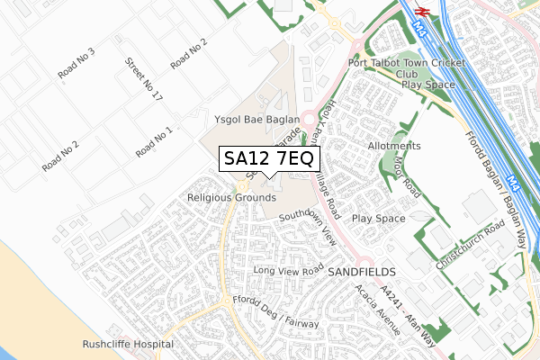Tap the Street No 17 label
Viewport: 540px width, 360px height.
tap(143, 78)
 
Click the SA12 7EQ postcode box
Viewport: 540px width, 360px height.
tap(268, 158)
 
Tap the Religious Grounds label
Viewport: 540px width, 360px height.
tap(231, 197)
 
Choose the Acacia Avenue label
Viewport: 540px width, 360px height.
tap(376, 310)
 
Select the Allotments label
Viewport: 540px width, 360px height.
tap(394, 146)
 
